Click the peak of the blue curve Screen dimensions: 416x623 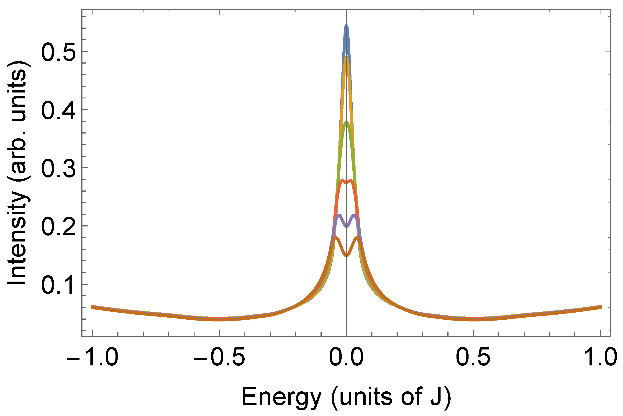tap(346, 26)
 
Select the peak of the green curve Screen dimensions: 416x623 tap(346, 123)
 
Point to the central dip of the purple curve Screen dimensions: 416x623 tap(346, 226)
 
